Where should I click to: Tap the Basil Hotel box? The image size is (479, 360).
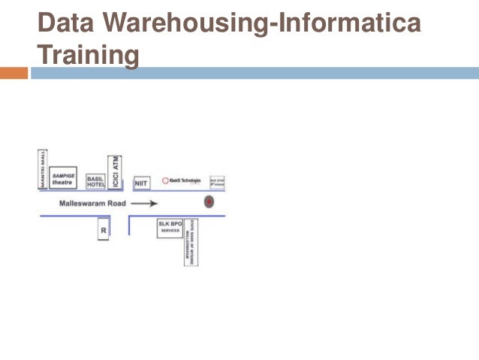95,180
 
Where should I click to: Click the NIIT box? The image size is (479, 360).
141,183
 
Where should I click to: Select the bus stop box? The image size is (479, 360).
217,181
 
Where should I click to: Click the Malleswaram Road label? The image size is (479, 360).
92,203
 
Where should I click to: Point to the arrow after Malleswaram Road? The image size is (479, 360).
144,203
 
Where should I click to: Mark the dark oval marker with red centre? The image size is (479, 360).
209,202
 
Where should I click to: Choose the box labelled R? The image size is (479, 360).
104,229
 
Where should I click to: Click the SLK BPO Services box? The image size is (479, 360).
170,228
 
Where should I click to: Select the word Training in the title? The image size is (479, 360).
89,54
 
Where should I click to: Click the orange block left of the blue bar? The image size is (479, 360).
14,73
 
